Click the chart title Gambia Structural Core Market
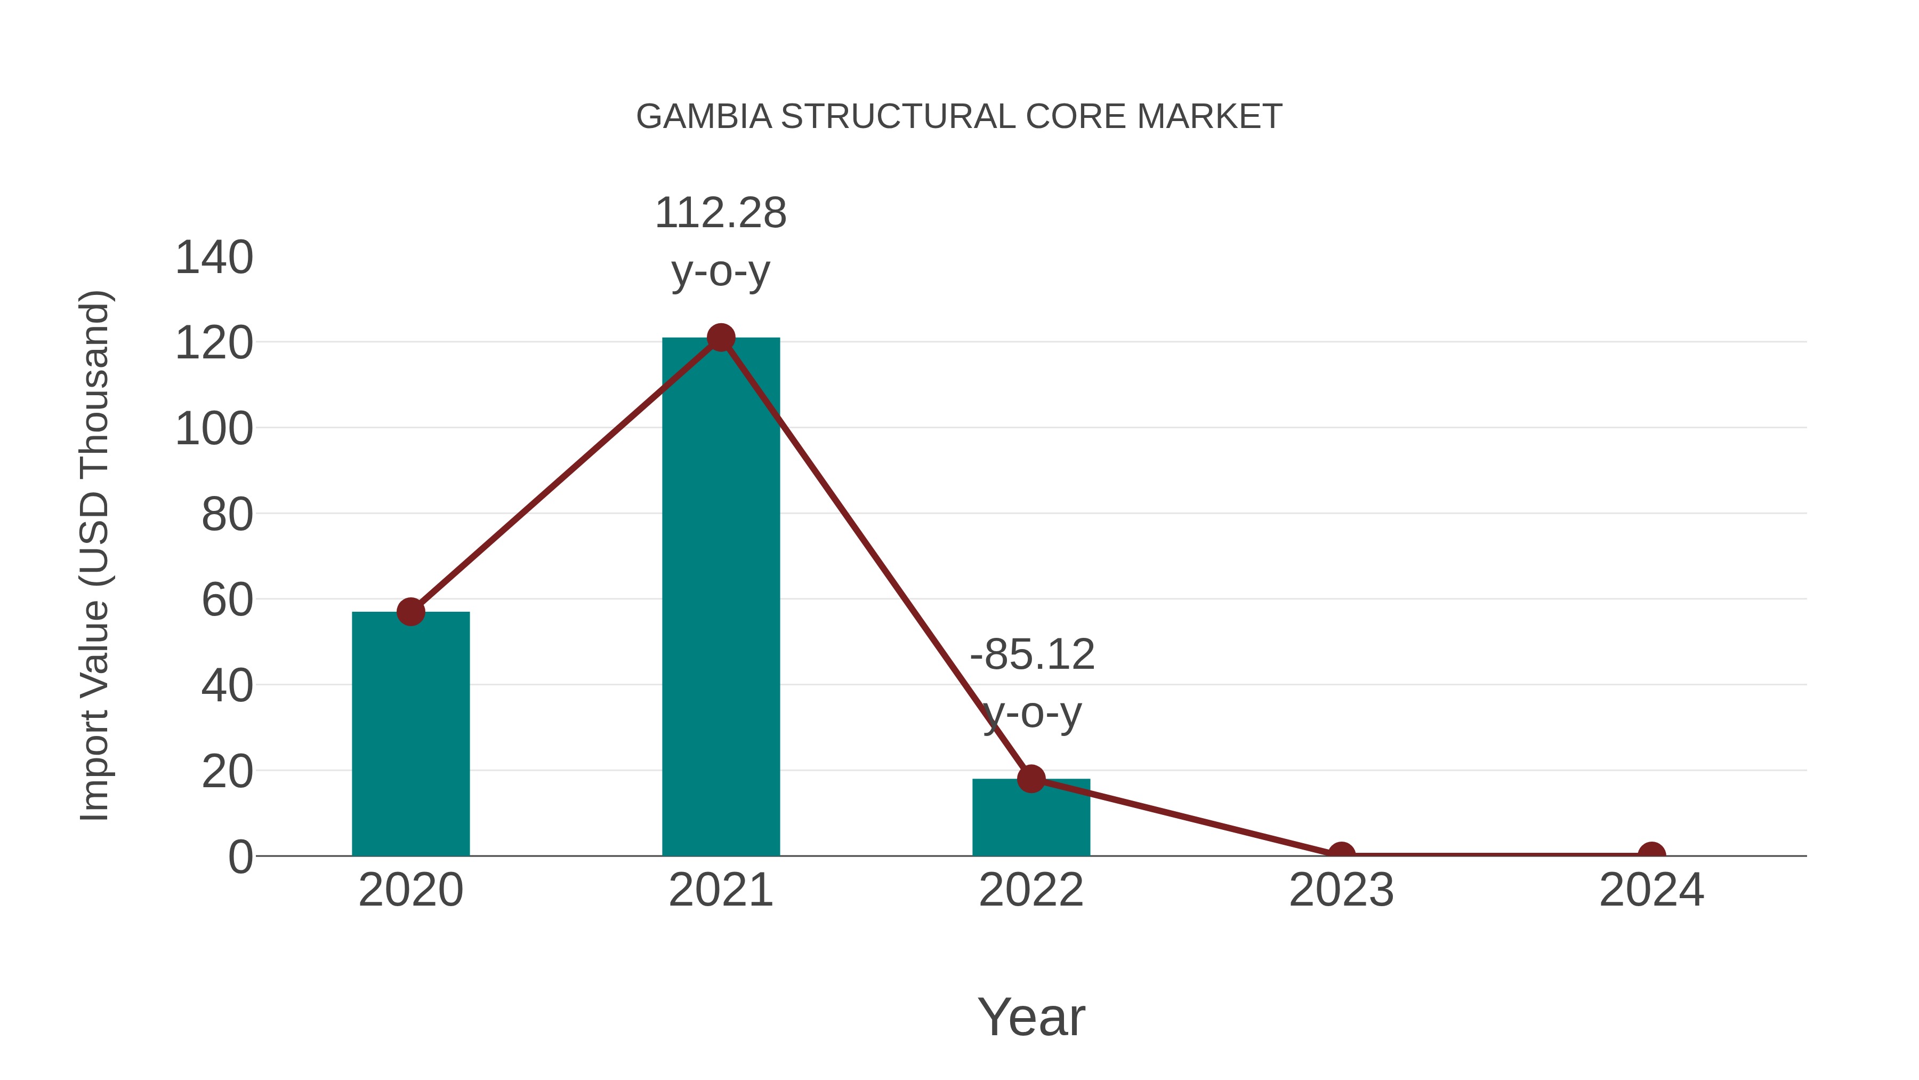959,117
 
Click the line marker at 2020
410,612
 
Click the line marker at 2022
1031,779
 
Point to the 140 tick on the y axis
214,258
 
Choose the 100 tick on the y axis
214,429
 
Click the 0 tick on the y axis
240,857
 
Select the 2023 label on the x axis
1341,890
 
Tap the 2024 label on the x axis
1651,890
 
